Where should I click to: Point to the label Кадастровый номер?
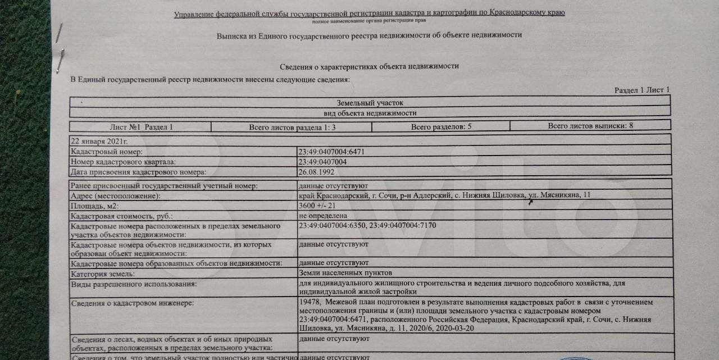click(x=107, y=152)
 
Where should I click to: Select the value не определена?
click(x=323, y=216)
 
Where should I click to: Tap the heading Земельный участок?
click(x=370, y=103)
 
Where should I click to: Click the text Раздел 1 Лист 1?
click(x=641, y=90)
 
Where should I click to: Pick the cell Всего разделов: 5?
click(x=441, y=127)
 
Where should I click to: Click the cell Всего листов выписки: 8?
click(x=590, y=126)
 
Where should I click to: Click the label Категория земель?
click(x=103, y=274)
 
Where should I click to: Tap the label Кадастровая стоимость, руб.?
click(x=122, y=216)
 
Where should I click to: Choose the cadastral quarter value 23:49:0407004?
click(x=323, y=162)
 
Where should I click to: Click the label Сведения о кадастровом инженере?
click(x=132, y=303)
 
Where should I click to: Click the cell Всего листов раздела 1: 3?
click(x=292, y=127)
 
